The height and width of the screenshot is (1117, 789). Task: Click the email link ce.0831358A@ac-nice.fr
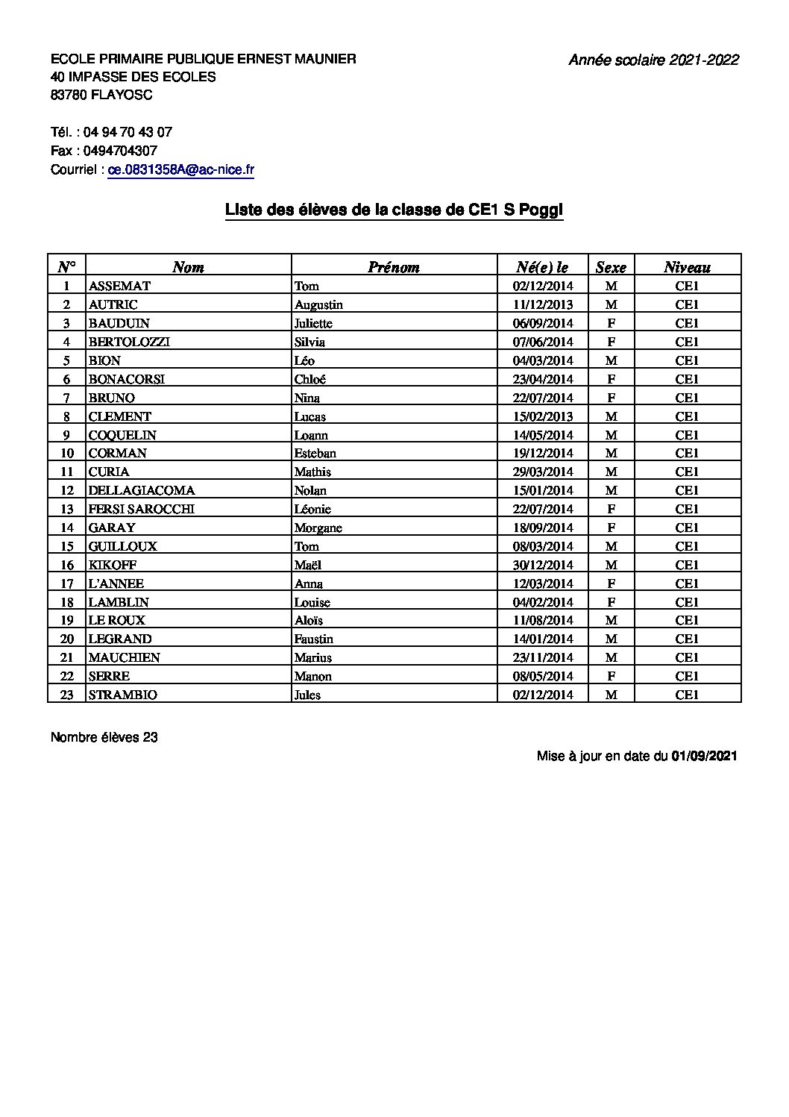[x=181, y=170]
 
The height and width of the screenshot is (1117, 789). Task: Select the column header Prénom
[x=394, y=267]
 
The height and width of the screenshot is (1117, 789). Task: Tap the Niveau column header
[x=687, y=267]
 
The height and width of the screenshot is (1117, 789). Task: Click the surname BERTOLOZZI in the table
[x=129, y=342]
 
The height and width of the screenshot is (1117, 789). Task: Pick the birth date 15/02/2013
[x=542, y=416]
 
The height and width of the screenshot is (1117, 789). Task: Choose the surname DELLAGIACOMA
[x=142, y=490]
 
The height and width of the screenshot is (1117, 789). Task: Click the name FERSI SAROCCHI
[x=142, y=509]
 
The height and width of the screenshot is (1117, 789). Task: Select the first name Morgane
[x=318, y=528]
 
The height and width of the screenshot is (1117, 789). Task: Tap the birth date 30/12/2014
[x=542, y=565]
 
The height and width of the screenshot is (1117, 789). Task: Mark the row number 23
[x=66, y=695]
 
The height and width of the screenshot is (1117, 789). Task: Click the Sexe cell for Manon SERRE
[x=611, y=676]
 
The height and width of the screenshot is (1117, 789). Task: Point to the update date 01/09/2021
[x=704, y=756]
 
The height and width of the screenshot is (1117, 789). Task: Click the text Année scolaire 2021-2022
[x=653, y=60]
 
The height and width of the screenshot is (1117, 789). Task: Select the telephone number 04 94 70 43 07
[x=128, y=132]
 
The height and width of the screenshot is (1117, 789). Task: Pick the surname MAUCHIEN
[x=124, y=657]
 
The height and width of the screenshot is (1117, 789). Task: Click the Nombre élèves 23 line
[x=104, y=737]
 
